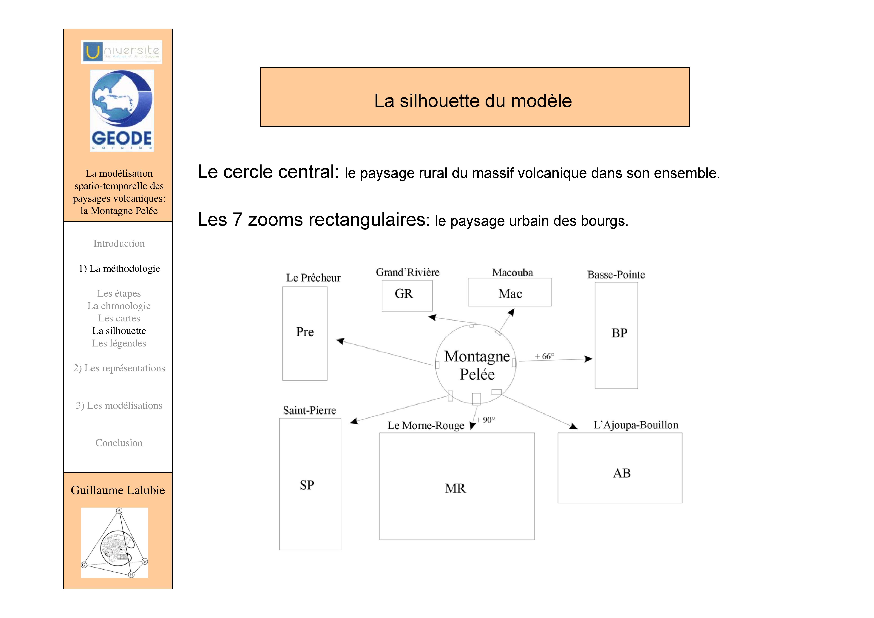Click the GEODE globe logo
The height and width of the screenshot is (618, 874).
pos(122,110)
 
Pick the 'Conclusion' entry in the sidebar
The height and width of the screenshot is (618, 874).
pos(119,443)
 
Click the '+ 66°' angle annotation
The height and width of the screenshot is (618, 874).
pos(544,356)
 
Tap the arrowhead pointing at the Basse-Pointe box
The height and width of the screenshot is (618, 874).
pos(589,359)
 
